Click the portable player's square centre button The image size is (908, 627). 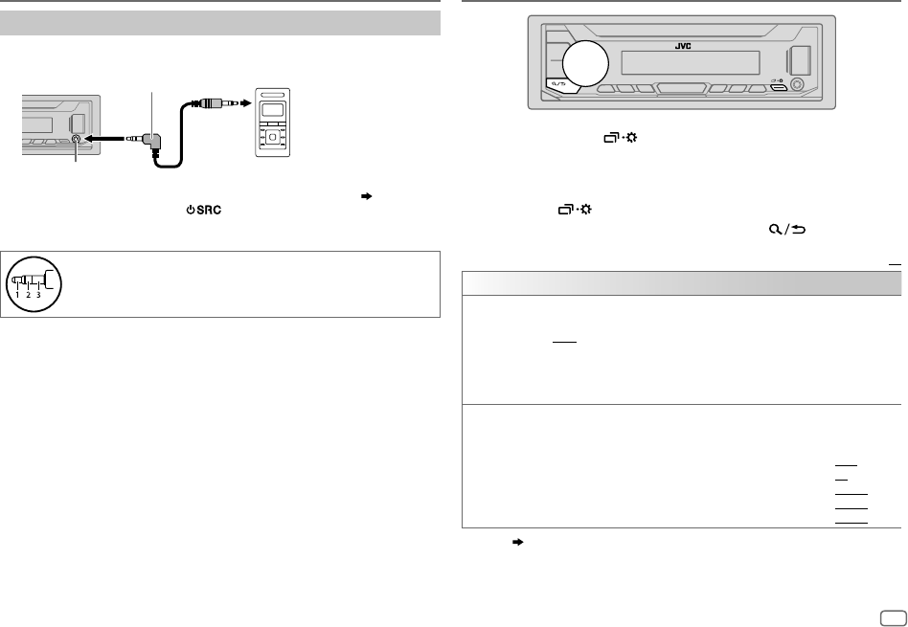(273, 136)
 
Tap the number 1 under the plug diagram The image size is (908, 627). (16, 295)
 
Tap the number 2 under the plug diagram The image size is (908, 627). (28, 295)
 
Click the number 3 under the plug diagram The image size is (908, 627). (39, 295)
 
